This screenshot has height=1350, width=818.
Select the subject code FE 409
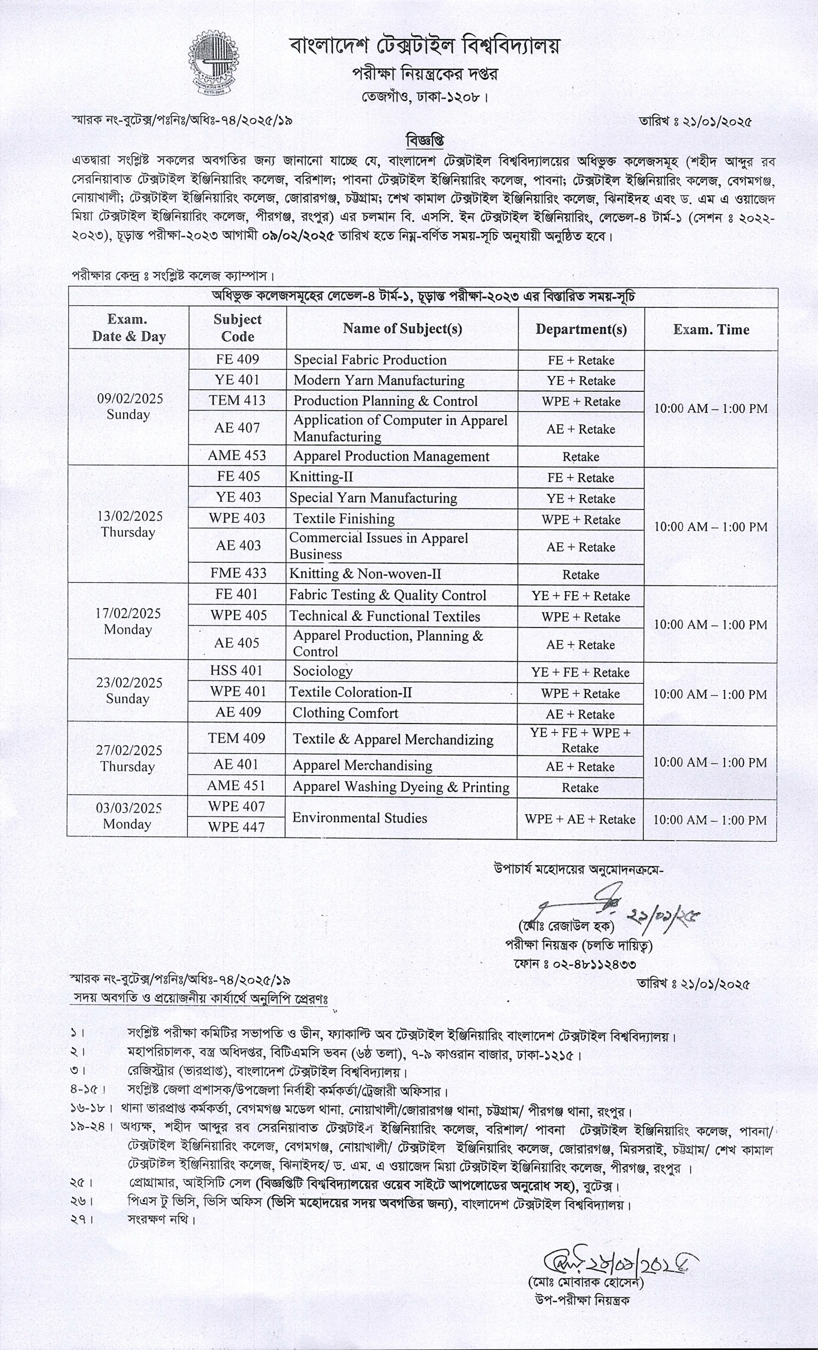(237, 360)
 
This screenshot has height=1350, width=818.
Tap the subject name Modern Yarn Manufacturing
(379, 380)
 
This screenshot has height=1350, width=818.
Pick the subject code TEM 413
(237, 400)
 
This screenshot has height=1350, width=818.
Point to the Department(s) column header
(581, 329)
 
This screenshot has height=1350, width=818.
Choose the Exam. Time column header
(710, 329)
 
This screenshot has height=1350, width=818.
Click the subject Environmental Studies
(359, 818)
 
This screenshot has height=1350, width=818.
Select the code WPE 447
(236, 827)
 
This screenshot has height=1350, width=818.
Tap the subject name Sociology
(322, 671)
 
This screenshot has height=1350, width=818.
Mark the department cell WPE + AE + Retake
(580, 819)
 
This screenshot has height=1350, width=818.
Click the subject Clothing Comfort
(345, 713)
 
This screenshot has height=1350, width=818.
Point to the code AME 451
(236, 786)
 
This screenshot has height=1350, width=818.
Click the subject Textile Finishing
(343, 518)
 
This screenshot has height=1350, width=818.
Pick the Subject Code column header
(237, 327)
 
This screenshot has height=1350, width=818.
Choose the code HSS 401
(236, 671)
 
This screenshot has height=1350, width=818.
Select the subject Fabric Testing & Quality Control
(387, 595)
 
